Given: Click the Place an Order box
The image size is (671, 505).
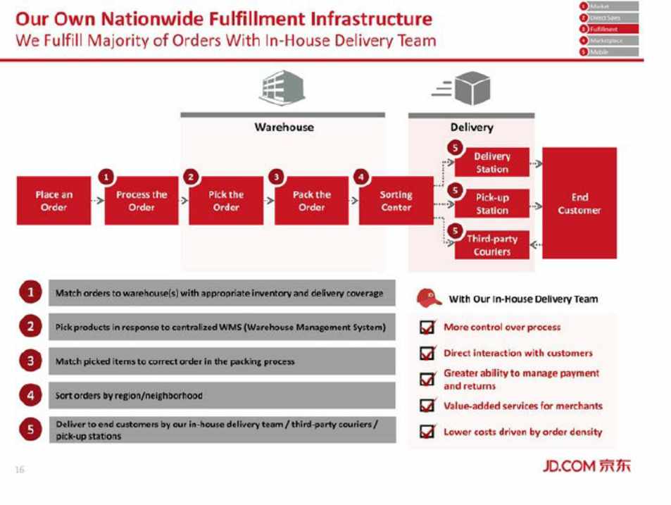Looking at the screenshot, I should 54,201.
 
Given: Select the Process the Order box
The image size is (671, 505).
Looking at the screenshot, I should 141,201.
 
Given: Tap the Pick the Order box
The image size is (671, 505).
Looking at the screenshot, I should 225,201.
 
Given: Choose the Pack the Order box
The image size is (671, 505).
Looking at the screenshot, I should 311,201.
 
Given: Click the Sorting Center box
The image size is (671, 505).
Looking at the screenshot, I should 396,201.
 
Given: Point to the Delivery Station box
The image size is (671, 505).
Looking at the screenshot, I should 491,163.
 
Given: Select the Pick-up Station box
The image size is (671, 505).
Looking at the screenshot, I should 491,204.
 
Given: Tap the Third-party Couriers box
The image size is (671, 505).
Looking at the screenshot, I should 491,245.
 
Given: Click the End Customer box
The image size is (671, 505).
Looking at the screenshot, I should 579,203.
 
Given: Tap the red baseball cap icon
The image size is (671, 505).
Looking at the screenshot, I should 429,298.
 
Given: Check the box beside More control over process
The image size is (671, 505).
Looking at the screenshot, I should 427,328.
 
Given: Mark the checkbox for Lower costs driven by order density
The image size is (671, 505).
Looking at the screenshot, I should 427,432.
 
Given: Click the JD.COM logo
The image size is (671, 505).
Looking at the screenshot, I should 587,465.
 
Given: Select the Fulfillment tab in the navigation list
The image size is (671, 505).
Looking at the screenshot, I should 608,29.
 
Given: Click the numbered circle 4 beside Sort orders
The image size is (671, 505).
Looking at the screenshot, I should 30,395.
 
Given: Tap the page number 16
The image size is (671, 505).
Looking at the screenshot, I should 19,470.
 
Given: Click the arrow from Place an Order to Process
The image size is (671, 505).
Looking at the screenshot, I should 98,201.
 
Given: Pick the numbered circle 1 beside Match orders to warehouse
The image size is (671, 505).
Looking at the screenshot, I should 30,292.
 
